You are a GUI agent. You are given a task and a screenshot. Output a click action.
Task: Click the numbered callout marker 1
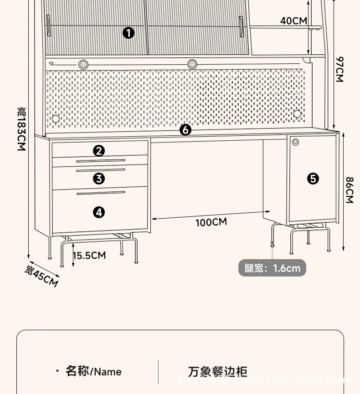click(x=129, y=33)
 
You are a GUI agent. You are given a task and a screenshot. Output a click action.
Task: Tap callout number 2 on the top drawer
click(x=99, y=151)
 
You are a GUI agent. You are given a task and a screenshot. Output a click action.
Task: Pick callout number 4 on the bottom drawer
click(x=99, y=212)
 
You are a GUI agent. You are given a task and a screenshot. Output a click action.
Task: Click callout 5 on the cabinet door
click(x=313, y=179)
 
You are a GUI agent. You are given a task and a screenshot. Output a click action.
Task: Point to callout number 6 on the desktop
click(x=185, y=130)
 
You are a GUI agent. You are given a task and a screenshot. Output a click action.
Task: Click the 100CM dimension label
click(x=211, y=222)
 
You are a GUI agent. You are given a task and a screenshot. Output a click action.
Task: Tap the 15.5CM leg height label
click(x=89, y=255)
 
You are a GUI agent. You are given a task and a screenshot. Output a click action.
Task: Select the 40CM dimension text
click(x=293, y=21)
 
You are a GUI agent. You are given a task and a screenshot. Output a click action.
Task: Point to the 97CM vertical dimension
click(x=339, y=69)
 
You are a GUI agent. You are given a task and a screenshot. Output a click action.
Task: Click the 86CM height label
click(x=349, y=190)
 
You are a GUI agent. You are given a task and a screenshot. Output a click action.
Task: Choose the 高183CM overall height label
click(x=21, y=129)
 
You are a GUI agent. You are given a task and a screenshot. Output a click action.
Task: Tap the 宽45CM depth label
click(x=41, y=276)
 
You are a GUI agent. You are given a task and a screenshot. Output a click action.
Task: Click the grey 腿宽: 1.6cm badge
click(x=272, y=268)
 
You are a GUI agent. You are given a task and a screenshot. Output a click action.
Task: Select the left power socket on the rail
click(x=83, y=64)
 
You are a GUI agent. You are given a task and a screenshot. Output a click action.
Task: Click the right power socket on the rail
click(x=192, y=64)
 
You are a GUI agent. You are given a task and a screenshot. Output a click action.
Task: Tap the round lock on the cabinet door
click(x=296, y=142)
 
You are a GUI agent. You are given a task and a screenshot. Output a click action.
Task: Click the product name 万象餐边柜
click(x=218, y=371)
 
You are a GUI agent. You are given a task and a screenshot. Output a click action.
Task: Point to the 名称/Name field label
click(x=93, y=371)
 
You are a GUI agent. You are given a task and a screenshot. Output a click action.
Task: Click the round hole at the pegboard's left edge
click(x=56, y=119)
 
